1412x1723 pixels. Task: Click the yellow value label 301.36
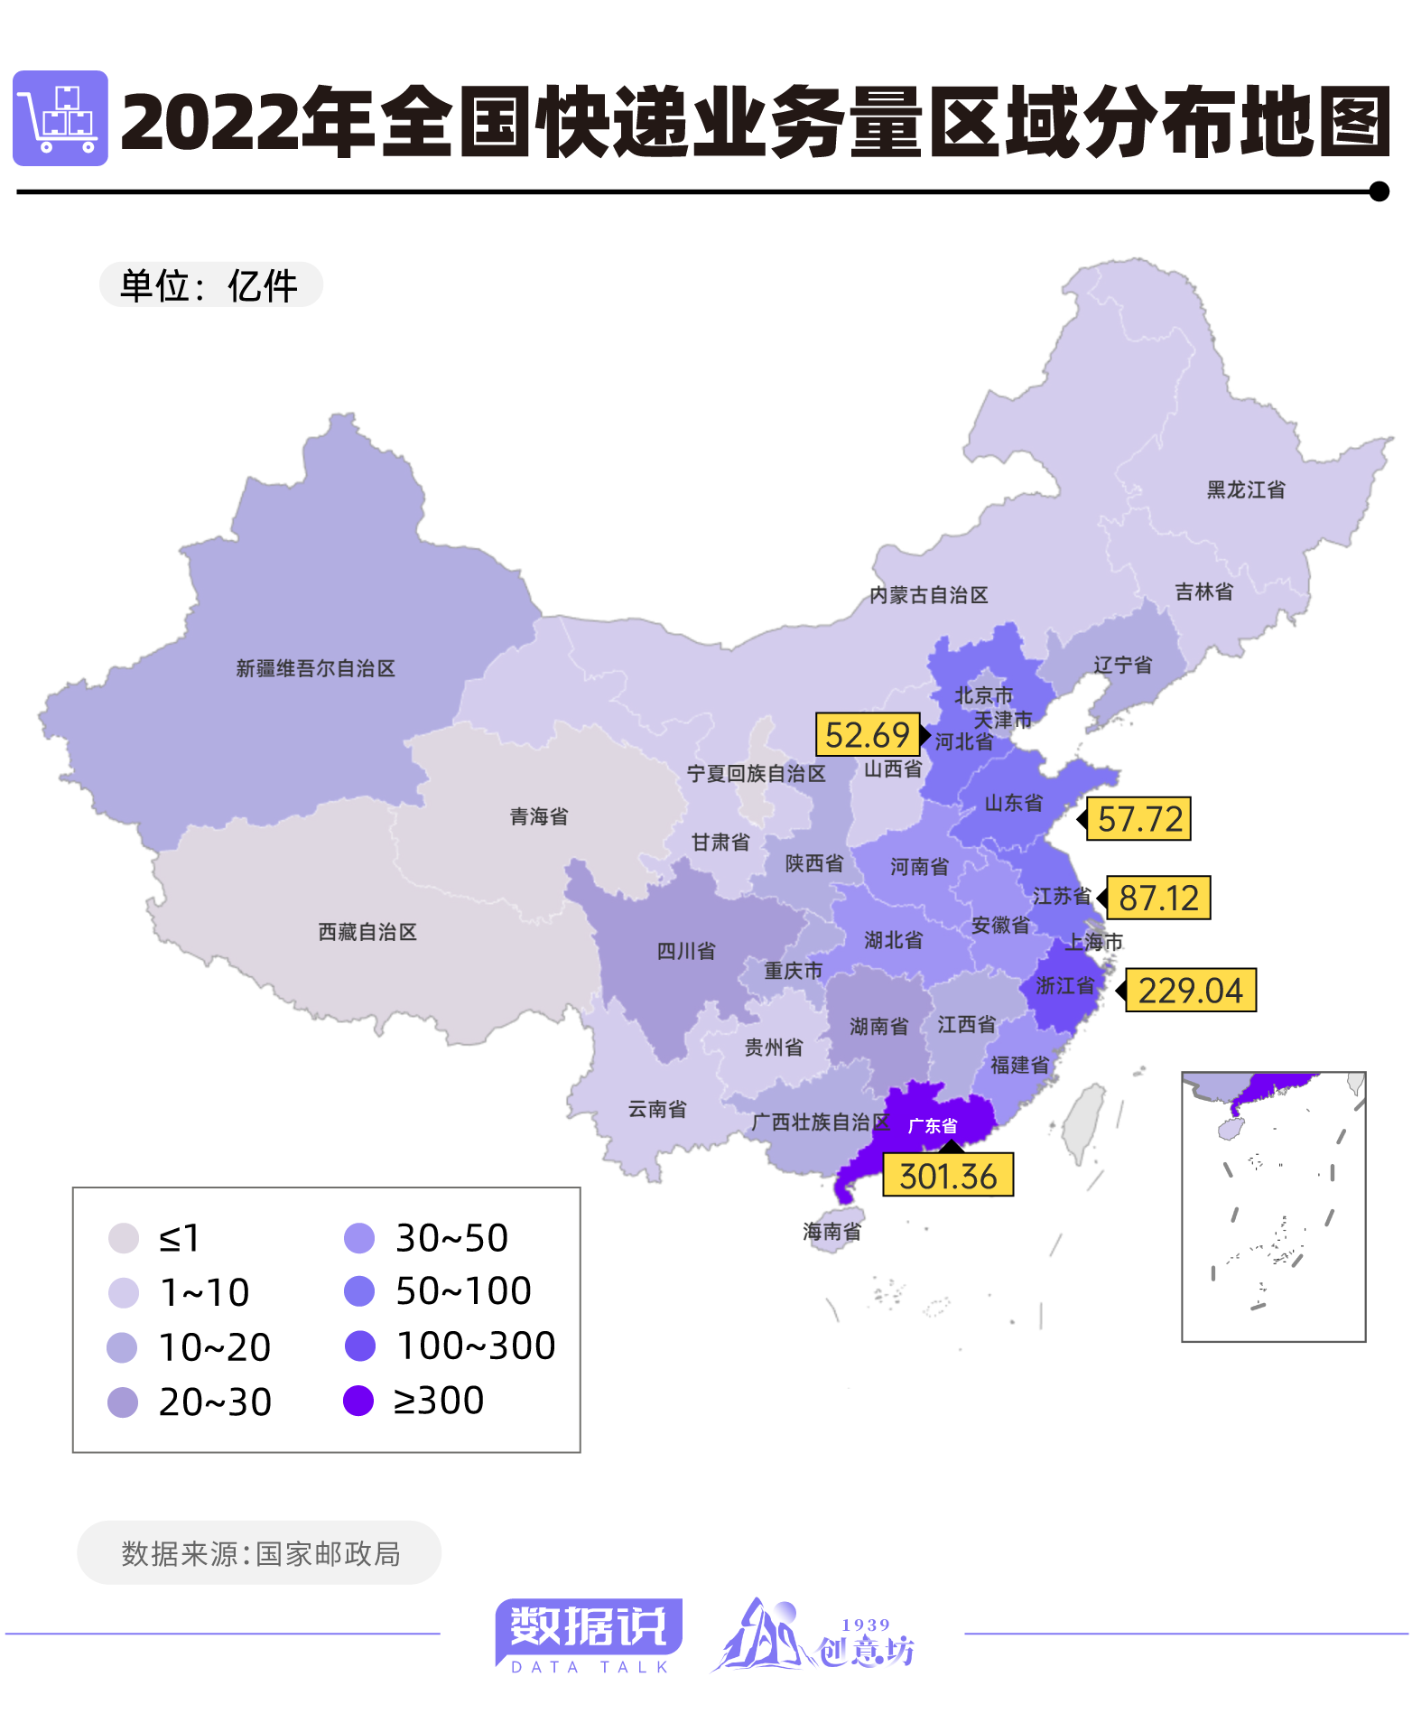click(x=947, y=1175)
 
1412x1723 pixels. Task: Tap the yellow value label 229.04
click(x=1190, y=990)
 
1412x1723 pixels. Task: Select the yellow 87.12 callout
click(x=1158, y=898)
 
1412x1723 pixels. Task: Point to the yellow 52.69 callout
click(x=867, y=734)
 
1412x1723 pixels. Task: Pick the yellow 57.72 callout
click(x=1139, y=818)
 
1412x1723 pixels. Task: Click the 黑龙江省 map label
click(x=1246, y=489)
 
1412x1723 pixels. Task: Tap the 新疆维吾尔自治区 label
click(x=315, y=668)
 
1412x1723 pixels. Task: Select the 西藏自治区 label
click(x=367, y=931)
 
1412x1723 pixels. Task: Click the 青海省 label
click(x=539, y=816)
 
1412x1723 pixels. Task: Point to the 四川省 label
click(x=686, y=950)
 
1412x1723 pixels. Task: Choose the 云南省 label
click(x=657, y=1109)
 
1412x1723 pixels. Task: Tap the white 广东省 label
click(x=932, y=1125)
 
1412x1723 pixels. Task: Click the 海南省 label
click(x=831, y=1231)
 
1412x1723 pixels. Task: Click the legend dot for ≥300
click(x=358, y=1401)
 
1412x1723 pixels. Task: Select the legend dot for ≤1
click(x=124, y=1238)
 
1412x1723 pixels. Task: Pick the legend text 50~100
click(x=463, y=1291)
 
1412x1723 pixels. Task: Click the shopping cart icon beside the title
click(x=60, y=118)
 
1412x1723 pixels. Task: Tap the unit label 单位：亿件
click(x=210, y=285)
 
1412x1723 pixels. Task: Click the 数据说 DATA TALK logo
click(x=589, y=1635)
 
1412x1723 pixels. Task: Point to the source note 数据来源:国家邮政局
click(x=260, y=1553)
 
